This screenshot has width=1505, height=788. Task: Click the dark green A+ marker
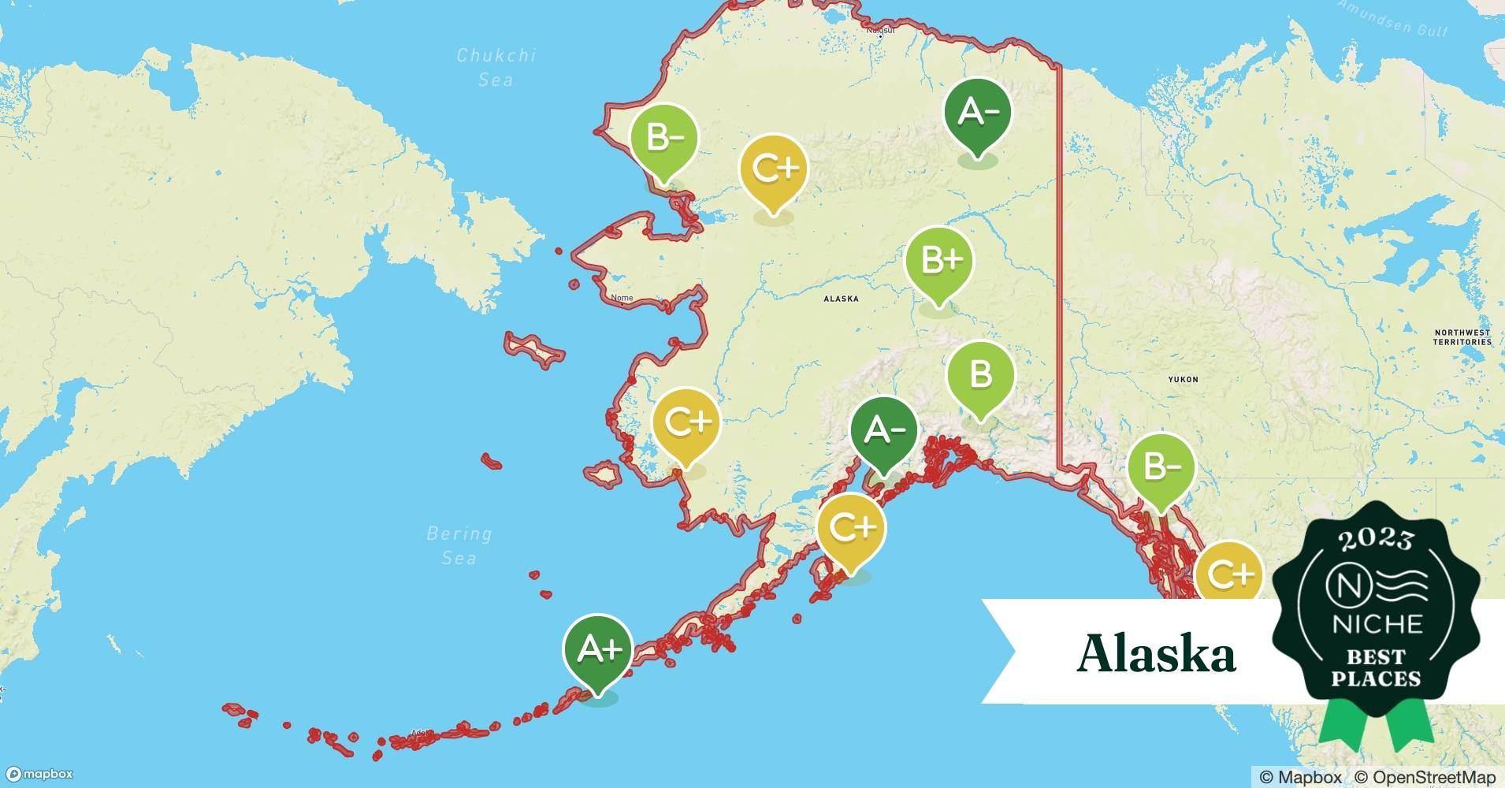(598, 650)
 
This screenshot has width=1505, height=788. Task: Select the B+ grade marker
(938, 261)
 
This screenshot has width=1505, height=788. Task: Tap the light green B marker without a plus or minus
(980, 374)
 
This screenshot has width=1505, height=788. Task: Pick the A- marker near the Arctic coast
(978, 113)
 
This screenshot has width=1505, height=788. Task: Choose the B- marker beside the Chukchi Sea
(664, 139)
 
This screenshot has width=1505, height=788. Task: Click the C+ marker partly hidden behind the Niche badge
(1228, 574)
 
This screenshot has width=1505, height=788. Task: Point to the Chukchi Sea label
(496, 67)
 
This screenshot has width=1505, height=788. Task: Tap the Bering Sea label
(459, 545)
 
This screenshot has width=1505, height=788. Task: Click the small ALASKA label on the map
(841, 299)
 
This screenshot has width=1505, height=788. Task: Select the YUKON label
(1183, 379)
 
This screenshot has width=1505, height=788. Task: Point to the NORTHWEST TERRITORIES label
(1462, 337)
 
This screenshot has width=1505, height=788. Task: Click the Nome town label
(622, 298)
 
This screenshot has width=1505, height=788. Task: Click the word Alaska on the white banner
(1155, 653)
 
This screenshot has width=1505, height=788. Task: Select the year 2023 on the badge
(1377, 539)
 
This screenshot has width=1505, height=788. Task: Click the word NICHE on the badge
(1377, 625)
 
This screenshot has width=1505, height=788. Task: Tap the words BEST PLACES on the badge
(1376, 667)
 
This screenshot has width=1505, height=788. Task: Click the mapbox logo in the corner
(39, 774)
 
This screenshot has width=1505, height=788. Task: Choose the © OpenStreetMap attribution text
(1425, 777)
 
